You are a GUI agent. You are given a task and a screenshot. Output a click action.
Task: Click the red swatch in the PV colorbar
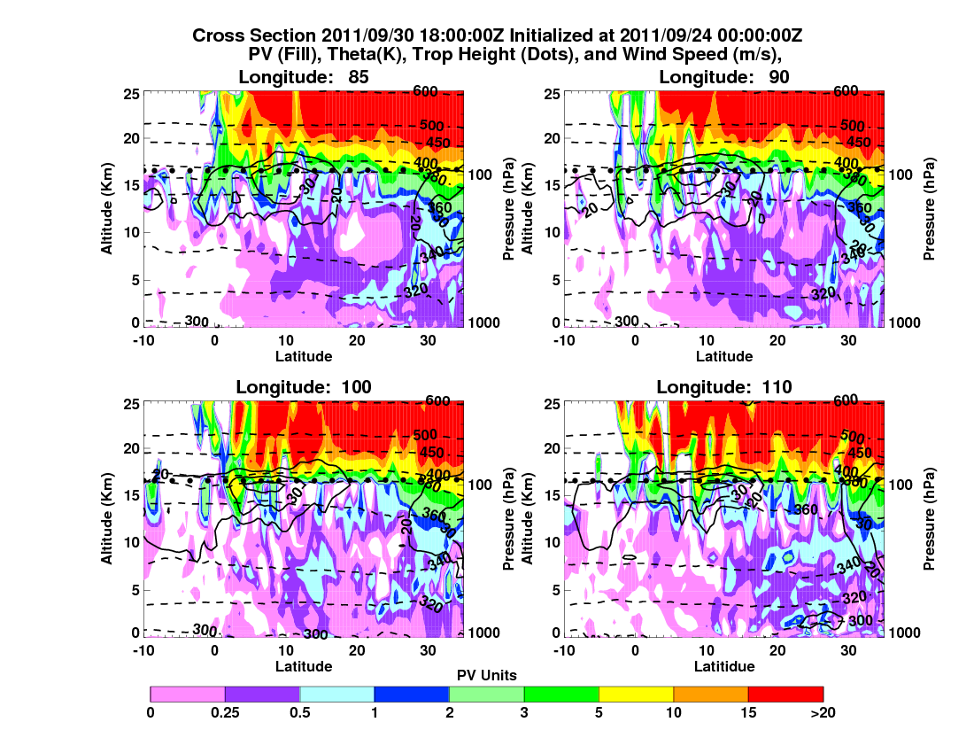point(785,694)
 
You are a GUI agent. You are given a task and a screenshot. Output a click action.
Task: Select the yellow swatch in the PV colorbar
point(636,694)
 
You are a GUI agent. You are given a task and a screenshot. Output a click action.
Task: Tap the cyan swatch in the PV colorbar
point(337,694)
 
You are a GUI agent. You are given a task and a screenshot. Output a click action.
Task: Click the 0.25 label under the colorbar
point(225,711)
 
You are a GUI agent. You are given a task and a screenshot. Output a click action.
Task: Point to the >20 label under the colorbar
point(823,711)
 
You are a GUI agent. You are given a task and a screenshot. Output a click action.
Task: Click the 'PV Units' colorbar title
point(487,675)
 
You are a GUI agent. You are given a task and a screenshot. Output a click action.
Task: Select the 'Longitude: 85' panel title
point(304,77)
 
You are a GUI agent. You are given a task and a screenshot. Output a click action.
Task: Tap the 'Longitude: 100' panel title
point(304,386)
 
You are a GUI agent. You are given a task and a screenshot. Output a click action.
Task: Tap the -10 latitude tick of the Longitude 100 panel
point(142,649)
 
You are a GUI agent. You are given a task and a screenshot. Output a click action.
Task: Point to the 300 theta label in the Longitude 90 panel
point(627,321)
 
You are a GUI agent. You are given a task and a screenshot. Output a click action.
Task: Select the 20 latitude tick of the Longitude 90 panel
point(777,340)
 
